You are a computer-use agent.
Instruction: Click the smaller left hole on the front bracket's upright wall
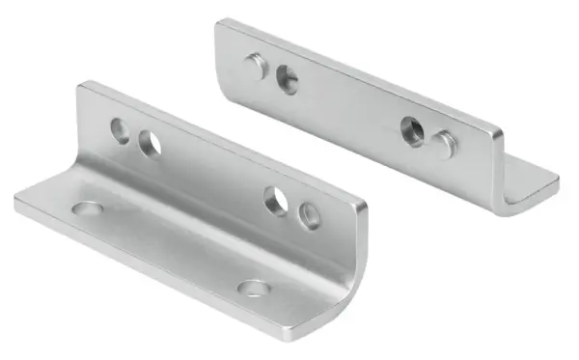121,129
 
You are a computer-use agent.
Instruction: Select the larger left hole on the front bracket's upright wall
150,144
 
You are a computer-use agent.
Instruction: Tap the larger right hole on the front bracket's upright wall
277,200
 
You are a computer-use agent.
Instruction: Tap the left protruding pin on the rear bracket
257,66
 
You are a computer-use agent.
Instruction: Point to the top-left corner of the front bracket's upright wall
80,85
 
